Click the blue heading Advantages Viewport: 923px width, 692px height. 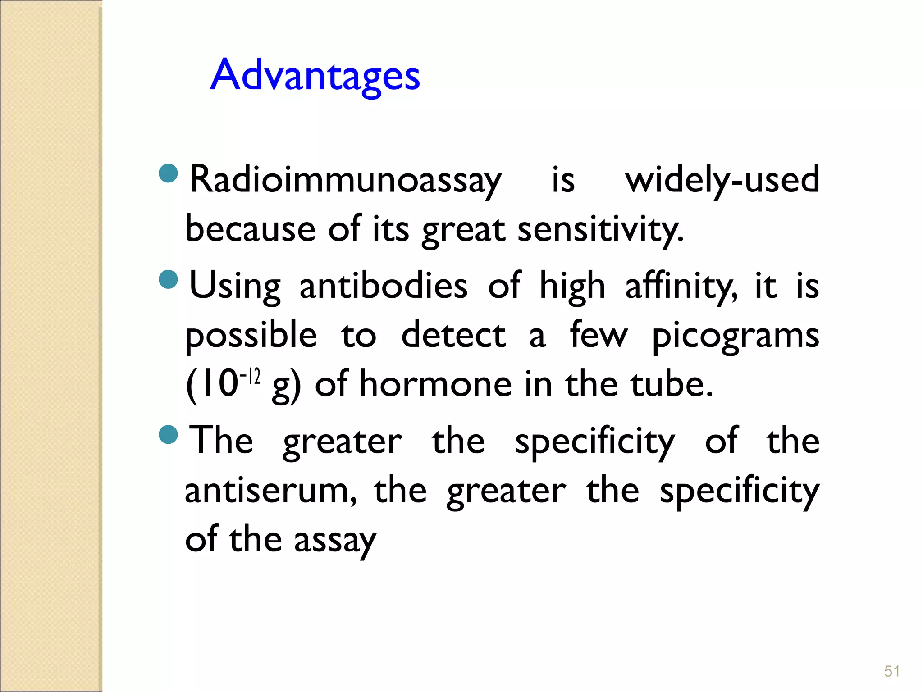coord(315,76)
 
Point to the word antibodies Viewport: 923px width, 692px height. coord(384,286)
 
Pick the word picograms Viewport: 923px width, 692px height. coord(736,336)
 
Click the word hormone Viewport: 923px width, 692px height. coord(435,385)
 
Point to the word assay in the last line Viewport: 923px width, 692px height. coord(335,540)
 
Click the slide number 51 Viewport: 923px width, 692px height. coord(892,671)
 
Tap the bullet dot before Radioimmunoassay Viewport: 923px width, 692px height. coord(169,173)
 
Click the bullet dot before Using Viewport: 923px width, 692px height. coord(169,279)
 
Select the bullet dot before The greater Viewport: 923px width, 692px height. coord(169,434)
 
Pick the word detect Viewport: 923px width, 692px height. coord(453,336)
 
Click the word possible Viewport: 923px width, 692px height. coord(251,336)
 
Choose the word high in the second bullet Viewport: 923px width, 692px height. coord(572,286)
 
